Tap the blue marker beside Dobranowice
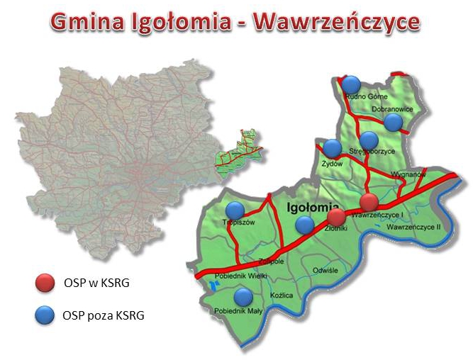[x=392, y=123]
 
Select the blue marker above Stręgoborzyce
[x=369, y=140]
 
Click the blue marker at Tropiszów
[x=235, y=210]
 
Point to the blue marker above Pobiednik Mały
[x=243, y=297]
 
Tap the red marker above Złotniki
[x=338, y=216]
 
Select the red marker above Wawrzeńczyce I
[x=369, y=202]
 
